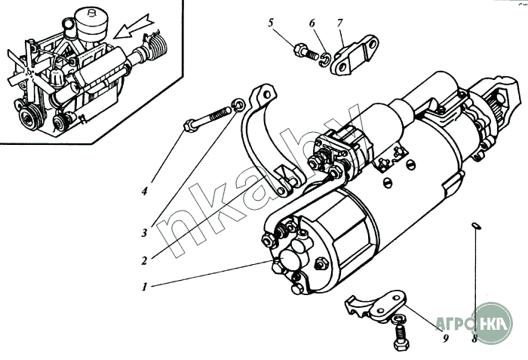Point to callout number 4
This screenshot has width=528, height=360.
(x=143, y=190)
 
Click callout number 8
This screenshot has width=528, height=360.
(x=474, y=338)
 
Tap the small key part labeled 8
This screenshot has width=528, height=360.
(x=474, y=224)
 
